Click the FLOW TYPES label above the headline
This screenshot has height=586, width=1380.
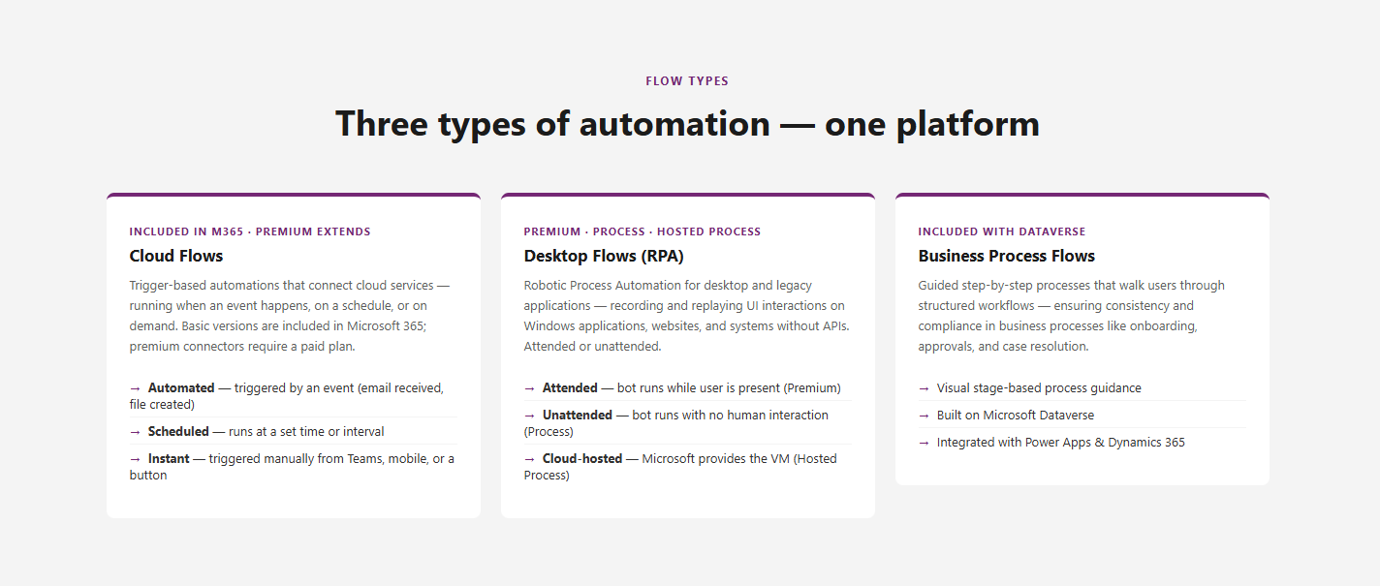pyautogui.click(x=687, y=80)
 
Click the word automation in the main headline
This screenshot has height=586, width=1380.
pyautogui.click(x=674, y=123)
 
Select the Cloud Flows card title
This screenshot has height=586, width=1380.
pyautogui.click(x=176, y=256)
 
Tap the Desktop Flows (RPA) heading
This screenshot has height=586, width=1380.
pyautogui.click(x=604, y=256)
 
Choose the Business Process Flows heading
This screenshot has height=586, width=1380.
pyautogui.click(x=1006, y=256)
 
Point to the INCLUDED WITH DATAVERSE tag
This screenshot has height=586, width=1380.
pyautogui.click(x=1002, y=231)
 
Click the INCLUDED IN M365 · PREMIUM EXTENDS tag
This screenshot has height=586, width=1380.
pyautogui.click(x=250, y=231)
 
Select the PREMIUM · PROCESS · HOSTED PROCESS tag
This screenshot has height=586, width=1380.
pyautogui.click(x=642, y=231)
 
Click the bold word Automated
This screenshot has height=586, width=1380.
pyautogui.click(x=181, y=387)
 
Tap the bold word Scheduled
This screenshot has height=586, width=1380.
pyautogui.click(x=178, y=431)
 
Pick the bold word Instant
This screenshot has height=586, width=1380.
pyautogui.click(x=169, y=458)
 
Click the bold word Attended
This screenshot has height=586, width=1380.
pyautogui.click(x=570, y=387)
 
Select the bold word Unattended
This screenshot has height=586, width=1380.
pyautogui.click(x=578, y=415)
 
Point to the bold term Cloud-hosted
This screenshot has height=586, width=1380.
pyautogui.click(x=582, y=458)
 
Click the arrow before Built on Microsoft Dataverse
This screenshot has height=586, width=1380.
pyautogui.click(x=924, y=416)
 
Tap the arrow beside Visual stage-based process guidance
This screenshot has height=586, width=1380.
pyautogui.click(x=924, y=388)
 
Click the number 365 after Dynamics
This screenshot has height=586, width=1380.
pyautogui.click(x=1175, y=442)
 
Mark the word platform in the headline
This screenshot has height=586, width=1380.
pyautogui.click(x=968, y=124)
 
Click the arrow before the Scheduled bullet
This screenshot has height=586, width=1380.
pyautogui.click(x=135, y=432)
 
